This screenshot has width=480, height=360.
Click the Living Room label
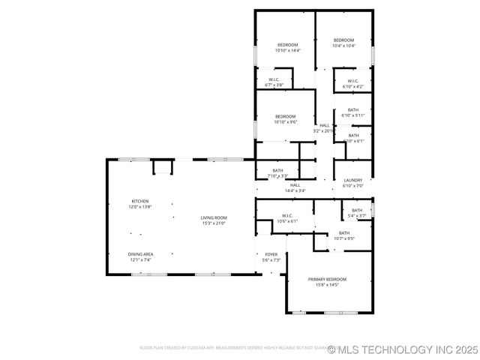(213, 217)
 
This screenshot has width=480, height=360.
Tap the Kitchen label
(140, 201)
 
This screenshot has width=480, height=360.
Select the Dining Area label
(140, 254)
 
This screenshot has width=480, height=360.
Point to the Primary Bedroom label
(327, 279)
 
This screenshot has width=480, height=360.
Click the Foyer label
(271, 254)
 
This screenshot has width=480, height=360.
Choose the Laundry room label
(352, 180)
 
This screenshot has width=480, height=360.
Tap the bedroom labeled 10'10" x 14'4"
(288, 46)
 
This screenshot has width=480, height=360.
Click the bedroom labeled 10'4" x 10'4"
(343, 40)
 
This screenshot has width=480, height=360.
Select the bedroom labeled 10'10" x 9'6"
(285, 116)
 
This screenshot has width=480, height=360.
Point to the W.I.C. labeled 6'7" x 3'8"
(274, 79)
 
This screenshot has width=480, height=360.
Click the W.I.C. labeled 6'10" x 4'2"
(352, 81)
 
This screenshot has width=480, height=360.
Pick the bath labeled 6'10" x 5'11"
(352, 110)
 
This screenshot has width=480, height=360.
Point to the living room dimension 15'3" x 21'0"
(213, 223)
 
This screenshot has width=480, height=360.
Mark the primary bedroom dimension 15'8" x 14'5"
(327, 285)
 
